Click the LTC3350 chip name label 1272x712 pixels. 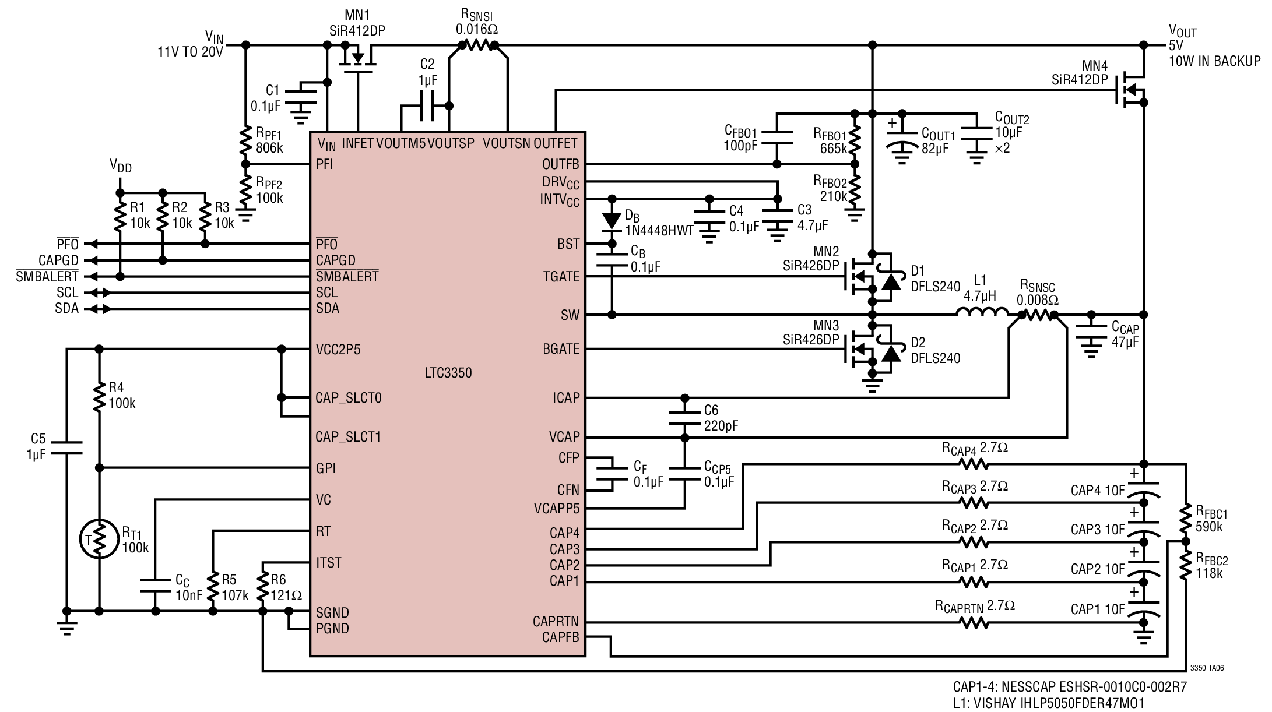tap(448, 373)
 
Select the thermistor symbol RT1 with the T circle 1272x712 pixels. tap(100, 540)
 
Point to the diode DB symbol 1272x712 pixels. tap(612, 220)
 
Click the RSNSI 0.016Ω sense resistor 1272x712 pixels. tap(477, 45)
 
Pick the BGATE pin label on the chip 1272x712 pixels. tap(561, 349)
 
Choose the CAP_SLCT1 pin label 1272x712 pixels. tap(348, 437)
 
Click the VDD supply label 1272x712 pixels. tap(121, 167)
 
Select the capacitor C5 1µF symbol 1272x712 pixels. tap(66, 446)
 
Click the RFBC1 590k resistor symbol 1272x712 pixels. tap(1185, 521)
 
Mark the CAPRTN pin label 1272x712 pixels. tap(556, 621)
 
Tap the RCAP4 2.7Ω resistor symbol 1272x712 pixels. tap(973, 464)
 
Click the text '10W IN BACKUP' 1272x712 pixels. tap(1214, 61)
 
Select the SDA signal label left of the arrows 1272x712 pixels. tap(66, 308)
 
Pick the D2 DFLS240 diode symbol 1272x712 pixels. tap(890, 353)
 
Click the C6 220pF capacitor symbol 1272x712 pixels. tap(685, 418)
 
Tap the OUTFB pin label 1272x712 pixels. tap(561, 164)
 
